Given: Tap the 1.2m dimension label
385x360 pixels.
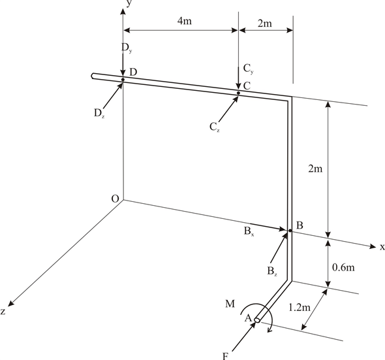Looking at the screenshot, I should click(301, 305).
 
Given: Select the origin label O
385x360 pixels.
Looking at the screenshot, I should click(115, 199).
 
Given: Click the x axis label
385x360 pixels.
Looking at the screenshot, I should click(382, 247).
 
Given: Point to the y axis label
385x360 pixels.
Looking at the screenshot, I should click(130, 4).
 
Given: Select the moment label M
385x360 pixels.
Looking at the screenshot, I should click(229, 303).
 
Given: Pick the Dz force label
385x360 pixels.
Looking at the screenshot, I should click(99, 112).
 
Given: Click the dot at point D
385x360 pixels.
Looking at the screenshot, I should click(123, 80).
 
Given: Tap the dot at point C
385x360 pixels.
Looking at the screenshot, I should click(238, 93).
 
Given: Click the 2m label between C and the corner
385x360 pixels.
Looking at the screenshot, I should click(265, 24).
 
